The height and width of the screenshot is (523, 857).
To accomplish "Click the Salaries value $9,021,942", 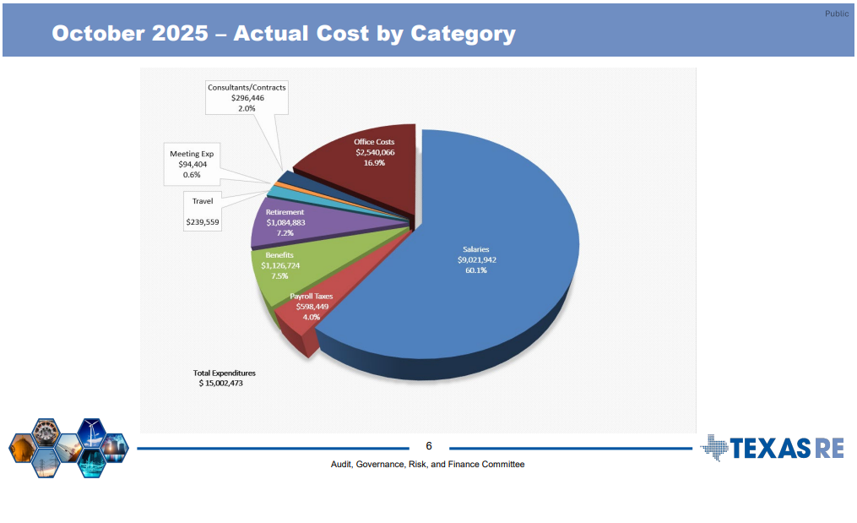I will click(476, 260).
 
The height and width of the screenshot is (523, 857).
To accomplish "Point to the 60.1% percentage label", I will click(476, 270).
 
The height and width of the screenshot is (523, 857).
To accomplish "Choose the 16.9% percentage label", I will click(374, 162).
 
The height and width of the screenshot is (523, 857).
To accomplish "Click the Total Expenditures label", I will click(224, 373).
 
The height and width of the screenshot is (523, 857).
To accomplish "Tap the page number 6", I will click(428, 446).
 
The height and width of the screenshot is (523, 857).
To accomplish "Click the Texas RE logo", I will click(772, 447).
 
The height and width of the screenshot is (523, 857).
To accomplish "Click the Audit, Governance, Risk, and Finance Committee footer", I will click(427, 464).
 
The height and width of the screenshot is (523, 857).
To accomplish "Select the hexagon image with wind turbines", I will click(90, 433).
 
